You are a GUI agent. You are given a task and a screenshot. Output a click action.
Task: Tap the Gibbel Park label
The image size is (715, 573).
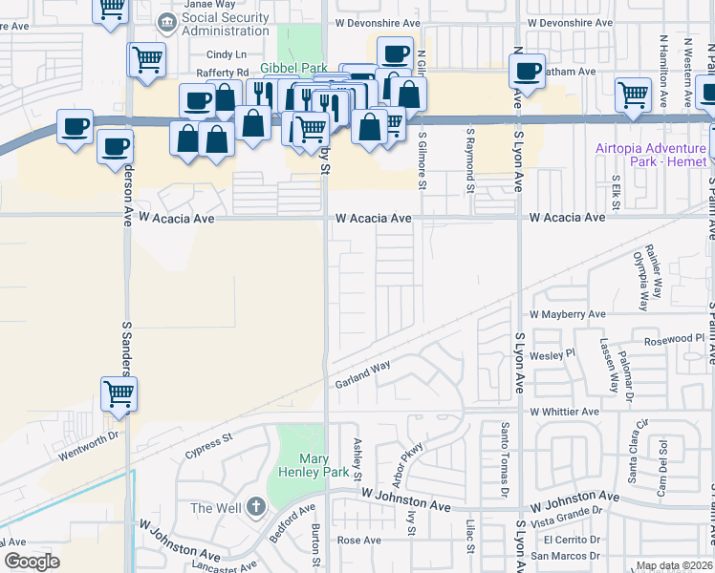(294, 68)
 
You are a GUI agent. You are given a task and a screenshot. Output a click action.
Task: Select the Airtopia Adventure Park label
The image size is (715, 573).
(651, 155)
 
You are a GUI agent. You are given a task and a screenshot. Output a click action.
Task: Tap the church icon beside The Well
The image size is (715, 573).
(255, 507)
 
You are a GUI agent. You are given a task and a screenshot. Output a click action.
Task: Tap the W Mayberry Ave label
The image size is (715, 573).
(569, 313)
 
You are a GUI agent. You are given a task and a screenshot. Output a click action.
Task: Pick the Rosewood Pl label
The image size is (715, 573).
(674, 338)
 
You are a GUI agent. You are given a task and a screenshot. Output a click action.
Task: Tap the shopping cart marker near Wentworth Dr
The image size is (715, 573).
(119, 393)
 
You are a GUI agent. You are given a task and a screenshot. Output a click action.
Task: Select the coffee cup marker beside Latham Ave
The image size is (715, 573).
(527, 69)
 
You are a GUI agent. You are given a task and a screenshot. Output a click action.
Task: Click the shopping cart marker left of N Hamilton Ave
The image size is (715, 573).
(633, 95)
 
